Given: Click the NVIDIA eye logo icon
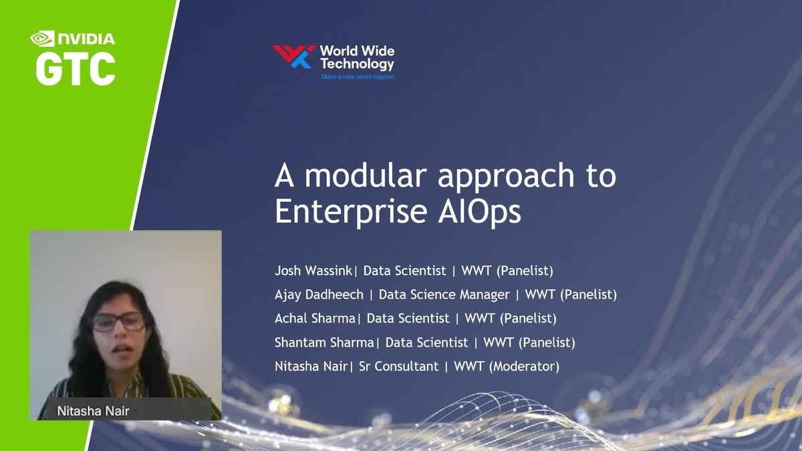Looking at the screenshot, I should [x=42, y=39].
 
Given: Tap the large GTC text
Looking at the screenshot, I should [x=75, y=69].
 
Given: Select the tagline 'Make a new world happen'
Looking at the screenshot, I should [x=358, y=77].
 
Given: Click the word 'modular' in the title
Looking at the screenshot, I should [x=367, y=177].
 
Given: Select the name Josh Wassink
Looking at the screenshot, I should [x=313, y=271].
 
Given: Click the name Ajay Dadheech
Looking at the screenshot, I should [x=319, y=295].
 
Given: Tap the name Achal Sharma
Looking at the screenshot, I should [x=315, y=319].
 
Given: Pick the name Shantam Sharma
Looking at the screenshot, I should [x=324, y=343].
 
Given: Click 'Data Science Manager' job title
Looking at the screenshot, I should [x=444, y=295].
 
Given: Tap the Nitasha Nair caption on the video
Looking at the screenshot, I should [x=93, y=410].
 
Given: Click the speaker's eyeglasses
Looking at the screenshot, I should [x=118, y=322].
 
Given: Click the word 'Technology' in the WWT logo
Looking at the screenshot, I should [x=357, y=64].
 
